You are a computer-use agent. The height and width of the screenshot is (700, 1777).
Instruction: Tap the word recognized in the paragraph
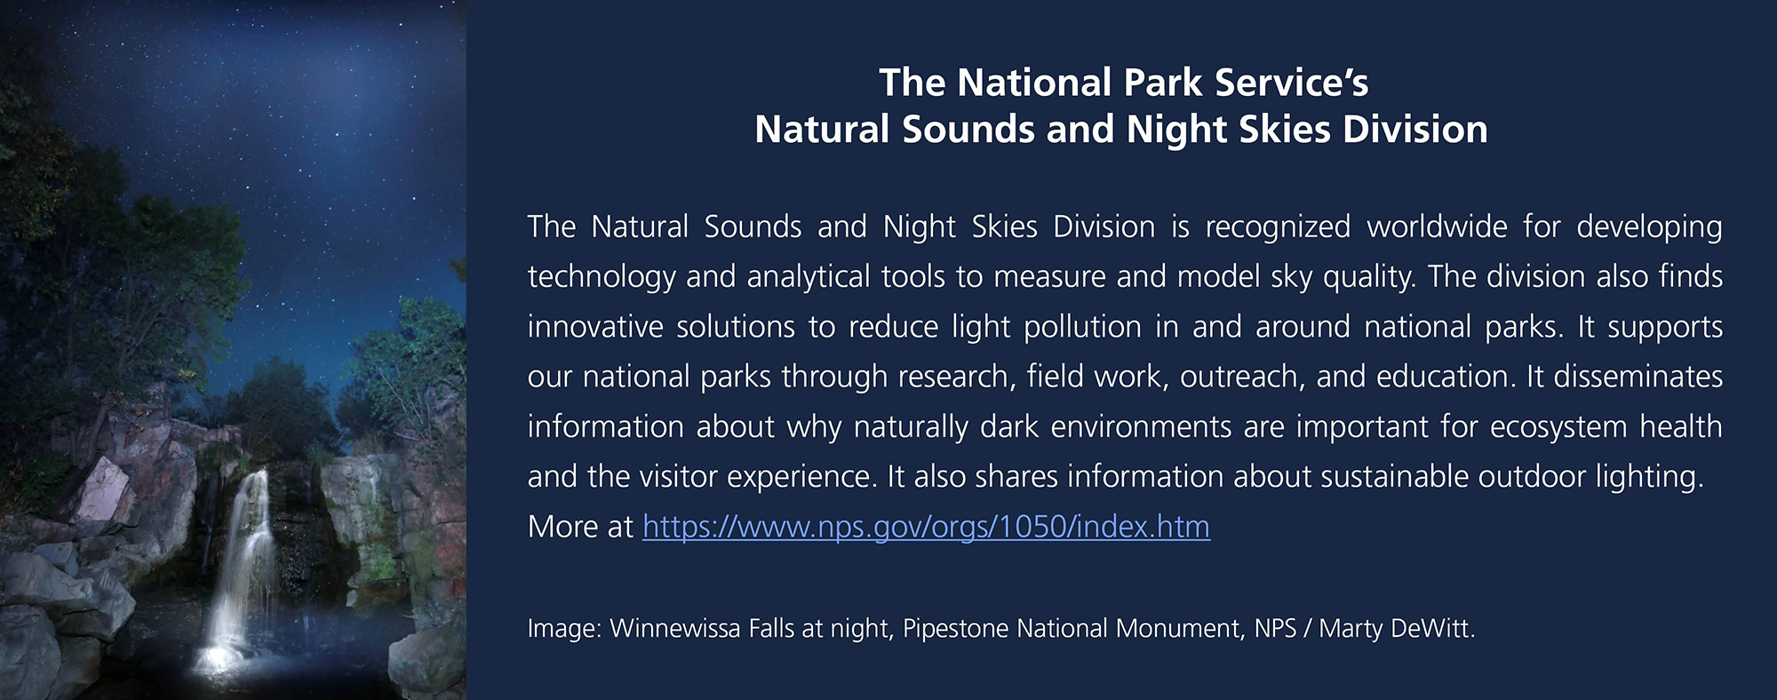[x=1277, y=227]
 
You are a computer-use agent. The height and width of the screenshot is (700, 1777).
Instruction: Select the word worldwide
[x=1437, y=227]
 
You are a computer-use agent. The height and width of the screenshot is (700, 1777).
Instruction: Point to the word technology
[x=602, y=277]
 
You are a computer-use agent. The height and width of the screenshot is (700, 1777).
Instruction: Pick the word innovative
[x=594, y=327]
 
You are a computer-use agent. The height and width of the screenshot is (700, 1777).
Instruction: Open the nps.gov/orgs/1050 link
[x=926, y=527]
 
